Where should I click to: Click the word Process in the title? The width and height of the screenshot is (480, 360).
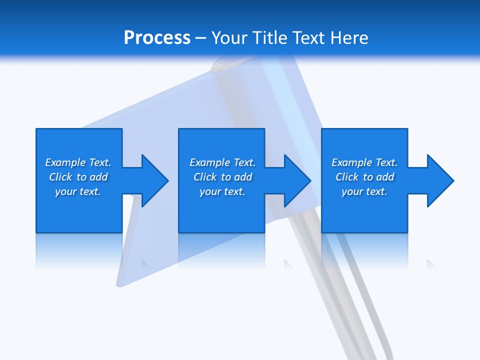pyautogui.click(x=157, y=37)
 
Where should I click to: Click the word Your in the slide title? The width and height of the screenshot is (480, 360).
pyautogui.click(x=230, y=37)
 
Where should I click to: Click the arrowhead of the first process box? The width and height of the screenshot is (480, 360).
pyautogui.click(x=155, y=180)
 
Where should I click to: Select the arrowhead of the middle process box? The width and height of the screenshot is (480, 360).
pyautogui.click(x=297, y=180)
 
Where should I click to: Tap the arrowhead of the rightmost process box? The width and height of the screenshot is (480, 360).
pyautogui.click(x=440, y=180)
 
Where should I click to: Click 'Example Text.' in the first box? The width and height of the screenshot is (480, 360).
pyautogui.click(x=78, y=162)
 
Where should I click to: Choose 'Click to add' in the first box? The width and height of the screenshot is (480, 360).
pyautogui.click(x=78, y=177)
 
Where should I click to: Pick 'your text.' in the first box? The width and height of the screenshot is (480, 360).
pyautogui.click(x=78, y=191)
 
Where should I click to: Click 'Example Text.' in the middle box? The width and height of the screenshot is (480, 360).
pyautogui.click(x=222, y=162)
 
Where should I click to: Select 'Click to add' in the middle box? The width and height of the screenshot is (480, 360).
pyautogui.click(x=222, y=177)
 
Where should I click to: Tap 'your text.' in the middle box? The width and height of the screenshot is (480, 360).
pyautogui.click(x=222, y=191)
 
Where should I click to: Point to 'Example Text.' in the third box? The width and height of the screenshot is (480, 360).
pyautogui.click(x=364, y=162)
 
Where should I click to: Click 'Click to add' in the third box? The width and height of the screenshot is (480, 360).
pyautogui.click(x=364, y=177)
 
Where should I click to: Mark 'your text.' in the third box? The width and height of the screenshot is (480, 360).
pyautogui.click(x=364, y=191)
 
